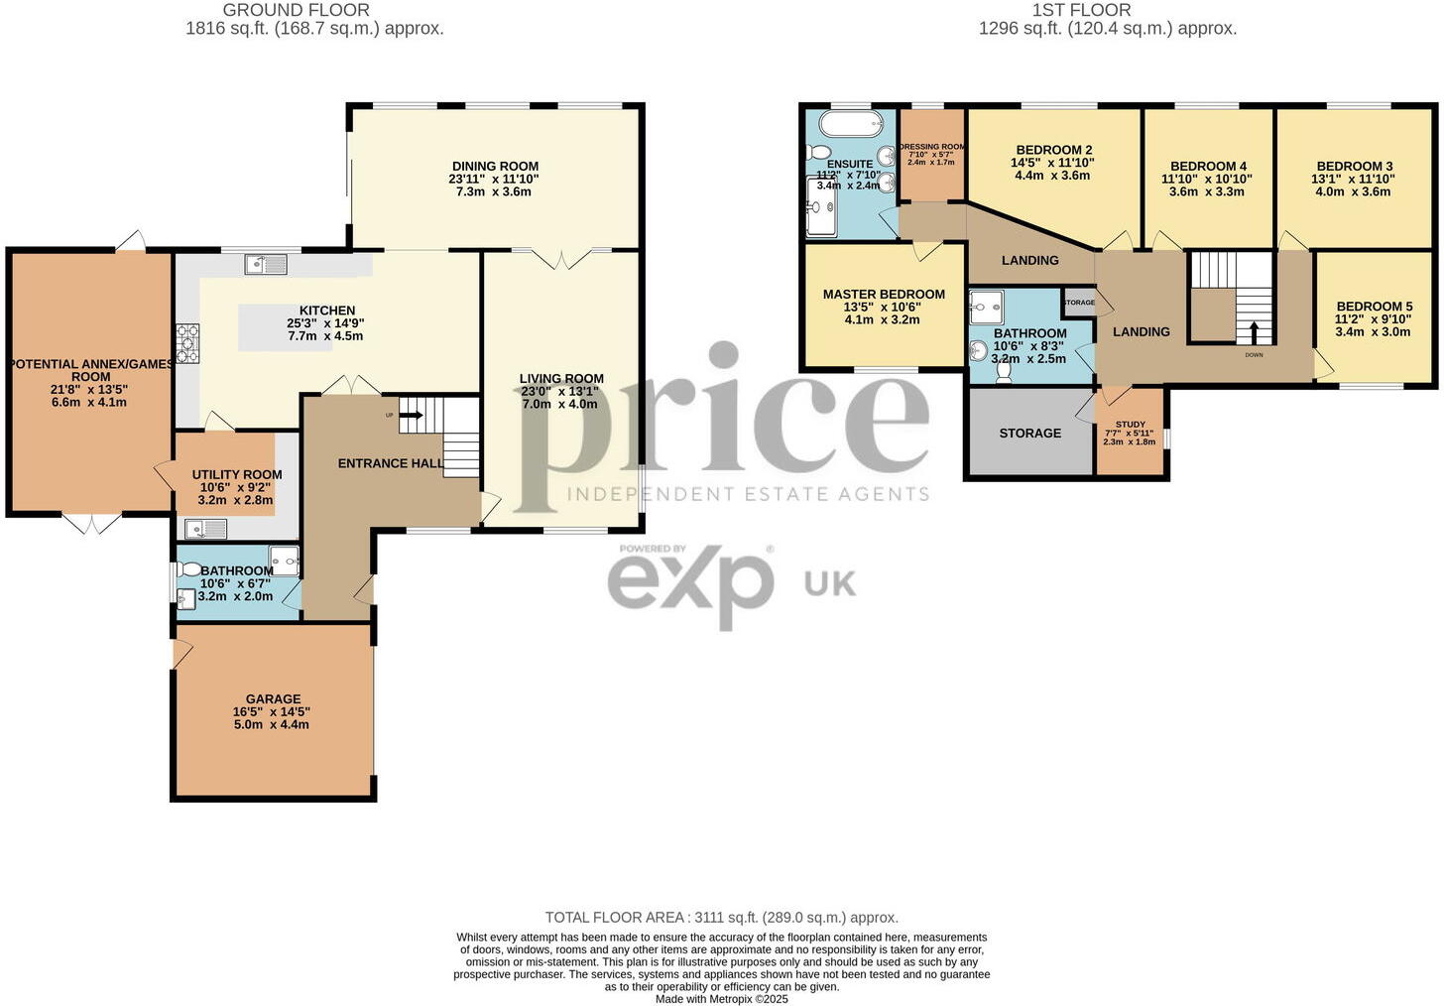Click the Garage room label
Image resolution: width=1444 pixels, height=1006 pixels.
click(x=273, y=699)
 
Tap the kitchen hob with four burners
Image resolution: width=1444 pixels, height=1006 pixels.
click(x=186, y=344)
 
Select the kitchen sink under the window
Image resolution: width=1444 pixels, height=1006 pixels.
click(x=266, y=264)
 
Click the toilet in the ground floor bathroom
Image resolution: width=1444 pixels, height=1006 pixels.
click(x=188, y=569)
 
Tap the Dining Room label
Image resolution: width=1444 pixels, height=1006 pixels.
click(x=495, y=167)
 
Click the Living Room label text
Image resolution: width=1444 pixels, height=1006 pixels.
click(x=561, y=378)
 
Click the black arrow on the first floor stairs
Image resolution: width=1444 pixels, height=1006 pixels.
click(x=1254, y=331)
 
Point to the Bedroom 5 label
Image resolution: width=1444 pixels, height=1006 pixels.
click(x=1374, y=307)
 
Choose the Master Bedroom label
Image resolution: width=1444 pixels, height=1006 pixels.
click(x=884, y=295)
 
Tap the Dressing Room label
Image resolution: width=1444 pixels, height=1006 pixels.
click(x=931, y=147)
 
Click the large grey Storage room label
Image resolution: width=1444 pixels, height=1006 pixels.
click(x=1029, y=434)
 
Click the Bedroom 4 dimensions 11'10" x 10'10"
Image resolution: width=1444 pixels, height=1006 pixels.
click(x=1207, y=180)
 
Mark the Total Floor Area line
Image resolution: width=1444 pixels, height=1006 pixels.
click(x=721, y=918)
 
